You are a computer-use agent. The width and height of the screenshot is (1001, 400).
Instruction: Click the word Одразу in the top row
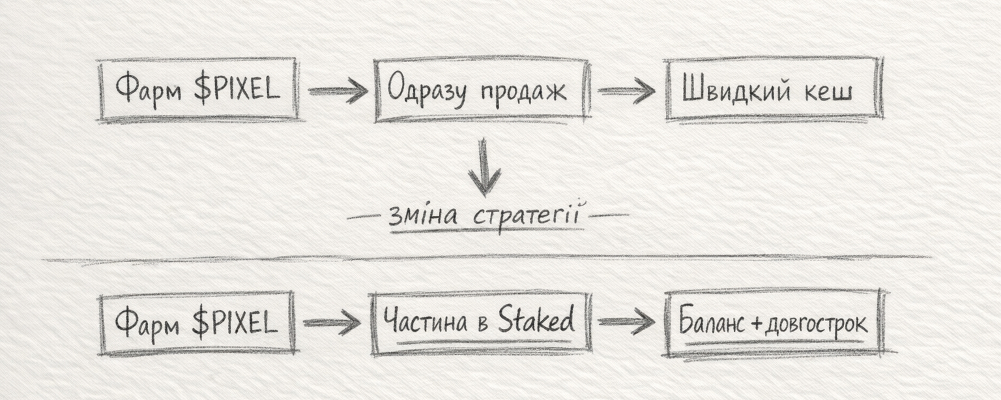(426, 91)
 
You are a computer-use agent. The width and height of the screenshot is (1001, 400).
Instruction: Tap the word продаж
(523, 92)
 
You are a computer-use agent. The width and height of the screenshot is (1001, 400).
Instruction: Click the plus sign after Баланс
(757, 323)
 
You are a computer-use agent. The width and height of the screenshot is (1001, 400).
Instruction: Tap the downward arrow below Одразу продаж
(484, 166)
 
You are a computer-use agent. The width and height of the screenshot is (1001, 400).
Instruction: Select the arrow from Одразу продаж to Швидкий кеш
(626, 91)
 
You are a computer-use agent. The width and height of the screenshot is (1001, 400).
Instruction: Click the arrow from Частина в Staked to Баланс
(626, 321)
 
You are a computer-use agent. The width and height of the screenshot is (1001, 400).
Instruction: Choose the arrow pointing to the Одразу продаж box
(338, 91)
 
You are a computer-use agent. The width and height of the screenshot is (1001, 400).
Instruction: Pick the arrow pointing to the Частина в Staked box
(332, 322)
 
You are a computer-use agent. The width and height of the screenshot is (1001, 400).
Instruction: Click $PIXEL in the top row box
(237, 89)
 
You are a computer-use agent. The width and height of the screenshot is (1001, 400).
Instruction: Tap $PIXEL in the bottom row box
(235, 322)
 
